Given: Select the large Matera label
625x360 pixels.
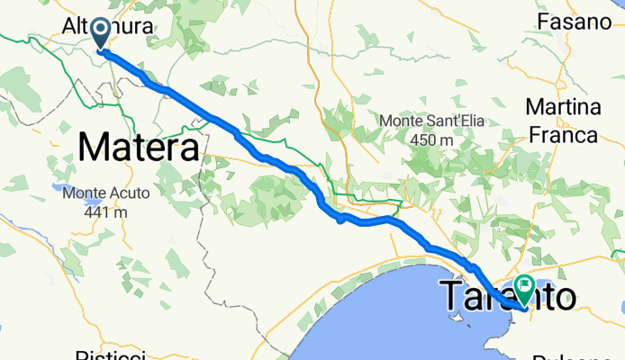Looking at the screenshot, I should (x=140, y=147).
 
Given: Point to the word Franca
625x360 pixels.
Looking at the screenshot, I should (x=563, y=135).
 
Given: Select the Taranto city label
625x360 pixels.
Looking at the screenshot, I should (x=509, y=296).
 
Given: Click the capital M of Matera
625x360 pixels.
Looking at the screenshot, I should (x=95, y=147).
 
